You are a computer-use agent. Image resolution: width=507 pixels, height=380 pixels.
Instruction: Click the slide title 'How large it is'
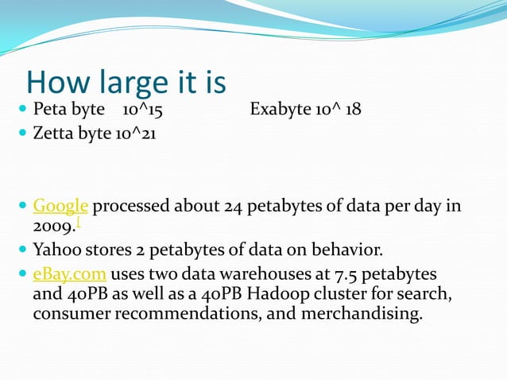pos(126,82)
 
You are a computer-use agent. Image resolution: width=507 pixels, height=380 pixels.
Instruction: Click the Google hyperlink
pos(60,207)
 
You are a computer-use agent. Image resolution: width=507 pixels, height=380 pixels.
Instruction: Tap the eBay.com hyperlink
pos(70,274)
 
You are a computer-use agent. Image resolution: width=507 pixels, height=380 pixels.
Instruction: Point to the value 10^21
pos(135,134)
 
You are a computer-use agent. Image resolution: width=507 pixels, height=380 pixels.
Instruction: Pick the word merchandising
pos(370,314)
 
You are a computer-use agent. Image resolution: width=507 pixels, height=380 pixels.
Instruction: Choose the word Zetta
pos(52,134)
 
